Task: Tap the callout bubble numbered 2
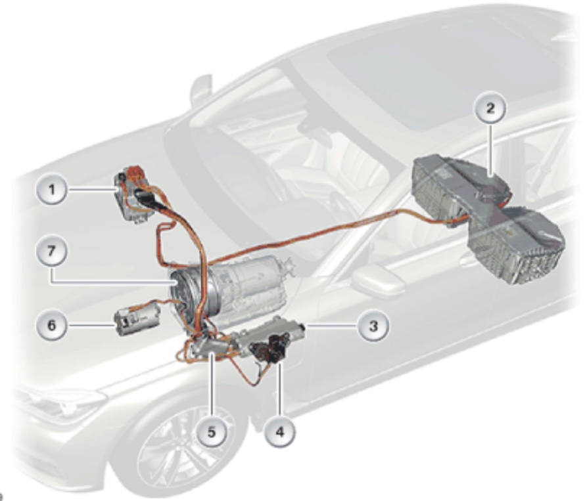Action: [490, 108]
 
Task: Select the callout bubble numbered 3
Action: [373, 326]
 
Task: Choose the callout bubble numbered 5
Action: [212, 432]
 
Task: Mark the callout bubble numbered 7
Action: [52, 251]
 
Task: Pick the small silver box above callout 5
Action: [209, 347]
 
